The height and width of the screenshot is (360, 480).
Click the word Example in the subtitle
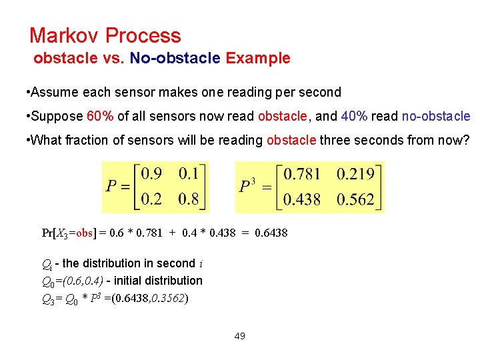coord(258,58)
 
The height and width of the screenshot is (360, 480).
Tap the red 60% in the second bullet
coord(100,117)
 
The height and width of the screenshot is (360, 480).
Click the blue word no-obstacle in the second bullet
coord(436,117)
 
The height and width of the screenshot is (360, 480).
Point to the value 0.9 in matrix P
coord(151,174)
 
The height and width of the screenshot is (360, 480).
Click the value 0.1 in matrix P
coord(189,174)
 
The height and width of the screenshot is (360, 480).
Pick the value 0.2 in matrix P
coord(151,199)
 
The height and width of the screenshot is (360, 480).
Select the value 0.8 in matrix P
coord(189,199)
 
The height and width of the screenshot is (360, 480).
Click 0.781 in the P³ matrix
coord(302,174)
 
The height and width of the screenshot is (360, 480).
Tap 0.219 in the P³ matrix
coord(355,174)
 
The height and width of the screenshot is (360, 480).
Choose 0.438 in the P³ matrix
coord(302,199)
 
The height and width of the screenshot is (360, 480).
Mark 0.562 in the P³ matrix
coord(355,199)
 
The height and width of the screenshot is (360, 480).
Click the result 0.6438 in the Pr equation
coord(271,233)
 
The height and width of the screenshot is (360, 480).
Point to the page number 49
coord(240,336)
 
